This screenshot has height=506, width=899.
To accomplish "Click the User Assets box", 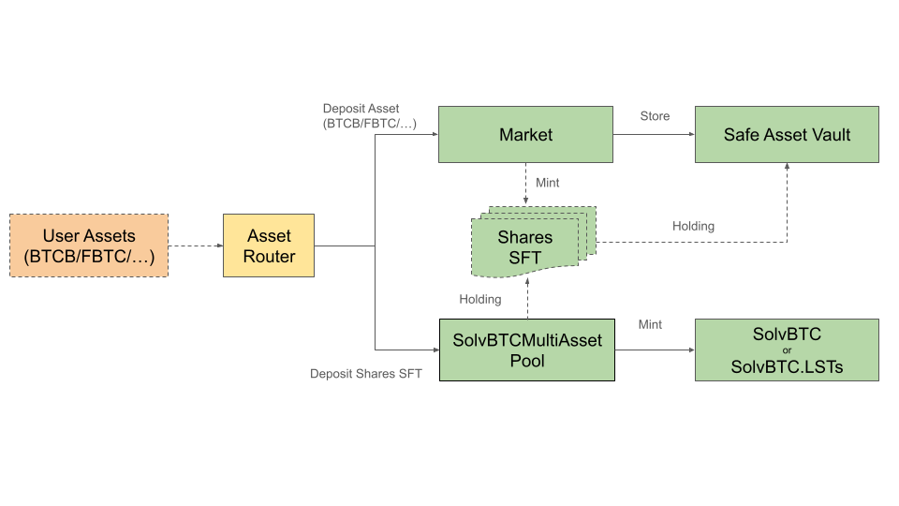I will point(89,246).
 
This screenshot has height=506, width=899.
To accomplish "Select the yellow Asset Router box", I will point(269,246).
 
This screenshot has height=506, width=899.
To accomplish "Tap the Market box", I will point(525,135).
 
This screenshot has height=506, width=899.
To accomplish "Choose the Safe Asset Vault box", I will point(787,135).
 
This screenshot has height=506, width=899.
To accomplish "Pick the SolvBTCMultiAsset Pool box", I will point(526,350).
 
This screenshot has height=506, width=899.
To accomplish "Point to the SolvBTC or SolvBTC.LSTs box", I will point(787,350).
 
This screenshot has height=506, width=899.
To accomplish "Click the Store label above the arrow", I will point(655,116).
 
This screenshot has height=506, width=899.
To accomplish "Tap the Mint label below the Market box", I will point(547,183).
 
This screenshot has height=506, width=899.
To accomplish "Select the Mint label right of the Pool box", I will point(650,324).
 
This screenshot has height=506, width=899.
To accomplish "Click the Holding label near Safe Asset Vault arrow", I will point(693,226).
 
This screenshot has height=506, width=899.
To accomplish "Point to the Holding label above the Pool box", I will point(480,300).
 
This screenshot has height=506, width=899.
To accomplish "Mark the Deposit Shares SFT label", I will point(366,374).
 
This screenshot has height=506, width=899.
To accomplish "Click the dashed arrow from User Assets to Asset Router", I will point(195,246).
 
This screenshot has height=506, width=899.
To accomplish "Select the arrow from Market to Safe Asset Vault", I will point(654,135).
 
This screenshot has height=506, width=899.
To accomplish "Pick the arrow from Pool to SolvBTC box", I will point(654,350).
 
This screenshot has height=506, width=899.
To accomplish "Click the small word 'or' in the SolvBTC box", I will point(787,350).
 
